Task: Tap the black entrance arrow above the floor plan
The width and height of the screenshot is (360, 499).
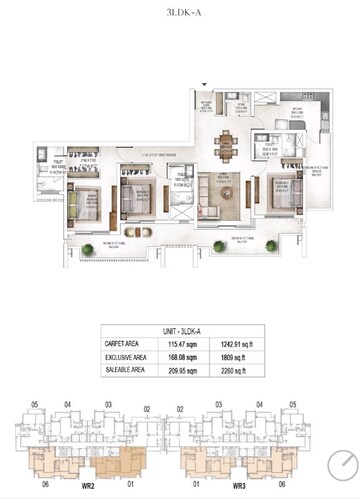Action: point(206,87)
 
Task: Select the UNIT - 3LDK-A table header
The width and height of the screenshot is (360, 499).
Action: point(181,331)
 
